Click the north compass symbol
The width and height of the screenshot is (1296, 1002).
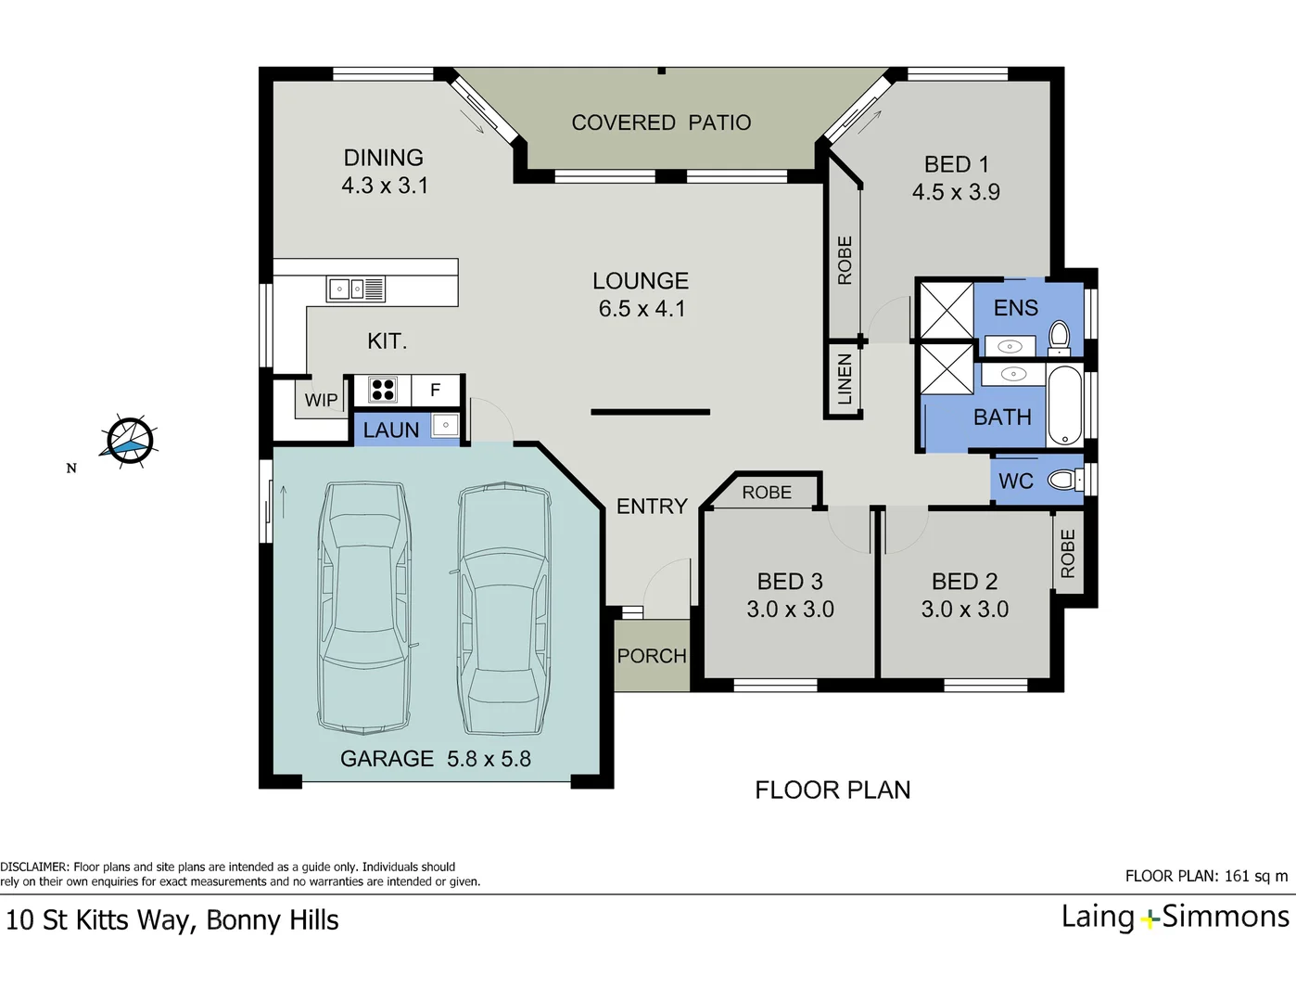pos(130,441)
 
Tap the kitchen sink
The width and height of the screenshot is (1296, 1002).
pos(355,289)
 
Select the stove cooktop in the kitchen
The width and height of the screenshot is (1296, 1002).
pos(382,391)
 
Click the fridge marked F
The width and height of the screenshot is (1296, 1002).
pos(436,391)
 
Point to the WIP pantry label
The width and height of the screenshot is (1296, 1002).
pos(322,400)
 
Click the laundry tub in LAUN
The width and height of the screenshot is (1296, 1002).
pos(446,425)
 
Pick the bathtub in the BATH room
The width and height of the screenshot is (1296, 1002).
pos(1064,405)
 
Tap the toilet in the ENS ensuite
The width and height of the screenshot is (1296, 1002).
pos(1060,337)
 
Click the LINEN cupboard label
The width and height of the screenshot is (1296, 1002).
pos(845,379)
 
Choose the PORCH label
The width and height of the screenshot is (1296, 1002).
pos(652,657)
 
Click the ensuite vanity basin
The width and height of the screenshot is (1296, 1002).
pos(1010,346)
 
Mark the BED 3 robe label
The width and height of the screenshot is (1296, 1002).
pos(767,493)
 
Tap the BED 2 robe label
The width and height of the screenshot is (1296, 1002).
pos(1068,553)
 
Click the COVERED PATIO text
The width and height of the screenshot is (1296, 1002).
pos(661,122)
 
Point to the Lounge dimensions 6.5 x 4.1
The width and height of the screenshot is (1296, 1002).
pos(642,309)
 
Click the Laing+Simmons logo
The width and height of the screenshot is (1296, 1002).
pos(1175,918)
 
